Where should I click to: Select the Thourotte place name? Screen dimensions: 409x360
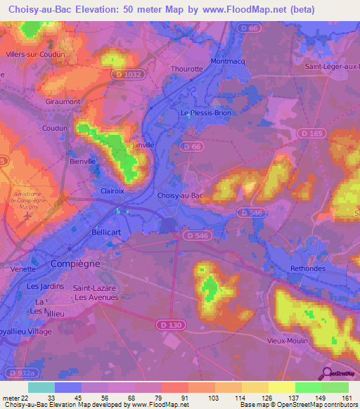point(187,69)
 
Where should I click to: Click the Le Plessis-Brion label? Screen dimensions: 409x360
point(205,112)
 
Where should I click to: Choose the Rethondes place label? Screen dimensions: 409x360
point(310,268)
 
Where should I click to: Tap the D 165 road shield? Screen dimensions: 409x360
point(307,132)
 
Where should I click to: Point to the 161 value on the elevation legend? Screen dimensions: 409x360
point(348,398)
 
